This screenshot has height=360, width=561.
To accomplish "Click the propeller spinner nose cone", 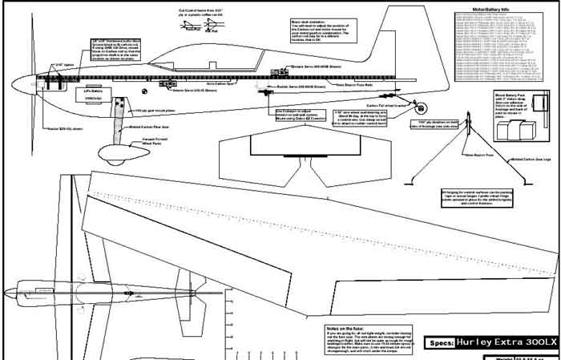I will (16, 83).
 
